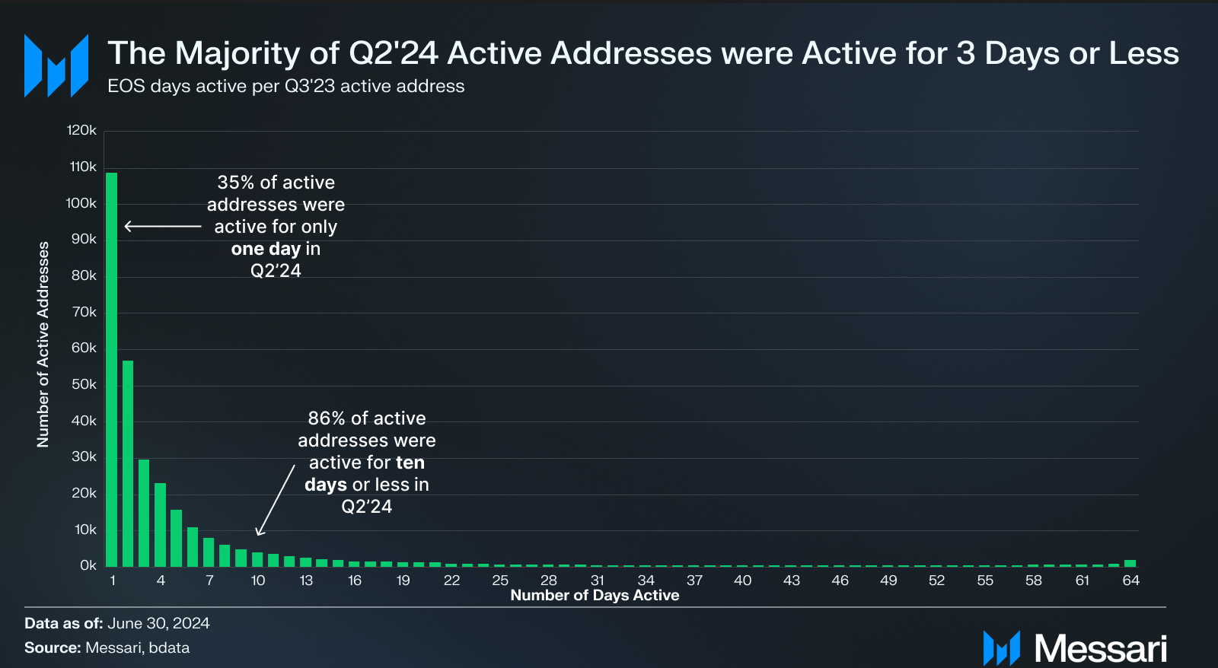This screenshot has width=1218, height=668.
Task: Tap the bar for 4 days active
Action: tap(160, 524)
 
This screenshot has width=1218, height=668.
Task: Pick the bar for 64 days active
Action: tap(1130, 563)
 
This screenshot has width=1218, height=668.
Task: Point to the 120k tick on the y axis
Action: tap(81, 130)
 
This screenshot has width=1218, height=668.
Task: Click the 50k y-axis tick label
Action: tap(84, 384)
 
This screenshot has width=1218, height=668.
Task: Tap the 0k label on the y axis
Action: tap(88, 565)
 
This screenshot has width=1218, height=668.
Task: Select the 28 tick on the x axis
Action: tap(549, 581)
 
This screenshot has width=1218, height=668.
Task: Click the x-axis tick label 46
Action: tap(840, 581)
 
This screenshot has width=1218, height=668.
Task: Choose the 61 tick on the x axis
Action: tap(1082, 581)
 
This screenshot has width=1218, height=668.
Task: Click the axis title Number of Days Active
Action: tap(595, 596)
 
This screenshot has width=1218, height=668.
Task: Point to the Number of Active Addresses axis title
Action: tap(43, 344)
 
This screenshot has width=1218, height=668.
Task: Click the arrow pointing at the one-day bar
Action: tap(163, 226)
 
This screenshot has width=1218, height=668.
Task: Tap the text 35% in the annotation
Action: tap(235, 183)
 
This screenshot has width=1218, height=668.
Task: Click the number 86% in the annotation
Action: tap(327, 418)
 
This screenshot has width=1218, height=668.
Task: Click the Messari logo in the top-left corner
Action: tap(56, 65)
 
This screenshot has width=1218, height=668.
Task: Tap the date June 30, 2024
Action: tap(158, 623)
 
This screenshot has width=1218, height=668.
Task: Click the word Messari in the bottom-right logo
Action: tap(1100, 649)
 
